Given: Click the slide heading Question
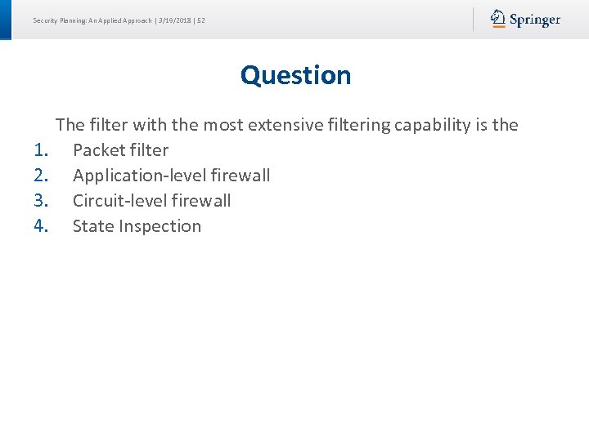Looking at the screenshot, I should coord(295,75).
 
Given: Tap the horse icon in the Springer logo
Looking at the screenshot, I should coord(498,19).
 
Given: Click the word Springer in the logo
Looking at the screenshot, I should coord(535,20).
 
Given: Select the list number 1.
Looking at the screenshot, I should coord(43,150).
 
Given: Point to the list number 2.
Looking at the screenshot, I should coord(43,176).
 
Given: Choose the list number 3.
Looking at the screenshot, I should coord(43,201).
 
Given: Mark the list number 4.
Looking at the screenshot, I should coord(43,226).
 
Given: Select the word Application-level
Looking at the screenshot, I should coord(139,176).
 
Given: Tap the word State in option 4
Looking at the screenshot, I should coord(92,226).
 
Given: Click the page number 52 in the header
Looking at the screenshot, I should coord(201,20).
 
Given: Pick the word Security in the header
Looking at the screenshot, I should coord(45,20).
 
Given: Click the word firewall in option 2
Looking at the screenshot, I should coord(241,176).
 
